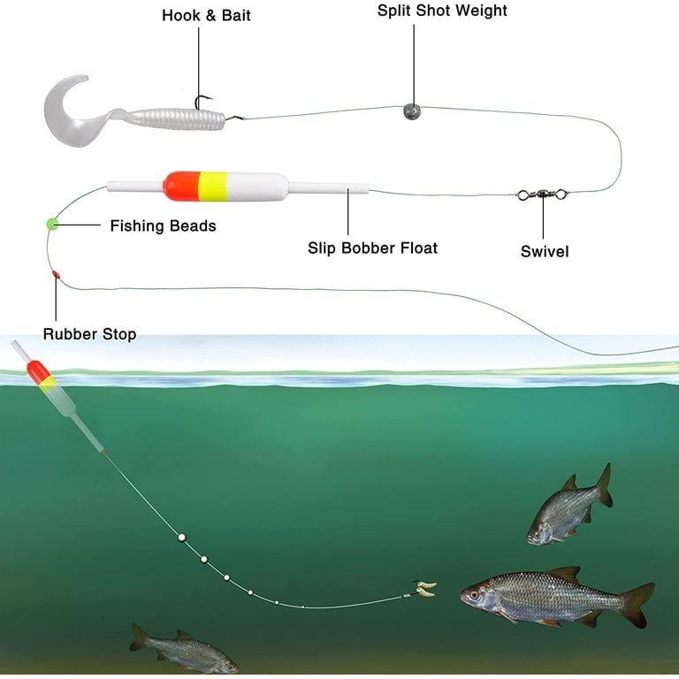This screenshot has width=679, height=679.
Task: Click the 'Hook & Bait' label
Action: [206, 16]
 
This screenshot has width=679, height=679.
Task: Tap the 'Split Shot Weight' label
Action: [442, 11]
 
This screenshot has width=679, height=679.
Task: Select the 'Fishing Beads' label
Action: [163, 226]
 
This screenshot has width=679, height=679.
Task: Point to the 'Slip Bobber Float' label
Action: [372, 248]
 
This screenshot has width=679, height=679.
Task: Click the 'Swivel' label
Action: [544, 252]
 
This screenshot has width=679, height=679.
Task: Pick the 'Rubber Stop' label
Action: [89, 334]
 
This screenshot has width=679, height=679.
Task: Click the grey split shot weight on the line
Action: [411, 111]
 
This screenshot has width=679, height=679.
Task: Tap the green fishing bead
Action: [52, 224]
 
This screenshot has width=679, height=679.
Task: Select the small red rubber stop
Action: [56, 276]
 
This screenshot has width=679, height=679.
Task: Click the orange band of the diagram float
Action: [180, 186]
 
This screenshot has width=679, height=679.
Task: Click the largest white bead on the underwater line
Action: [181, 537]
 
